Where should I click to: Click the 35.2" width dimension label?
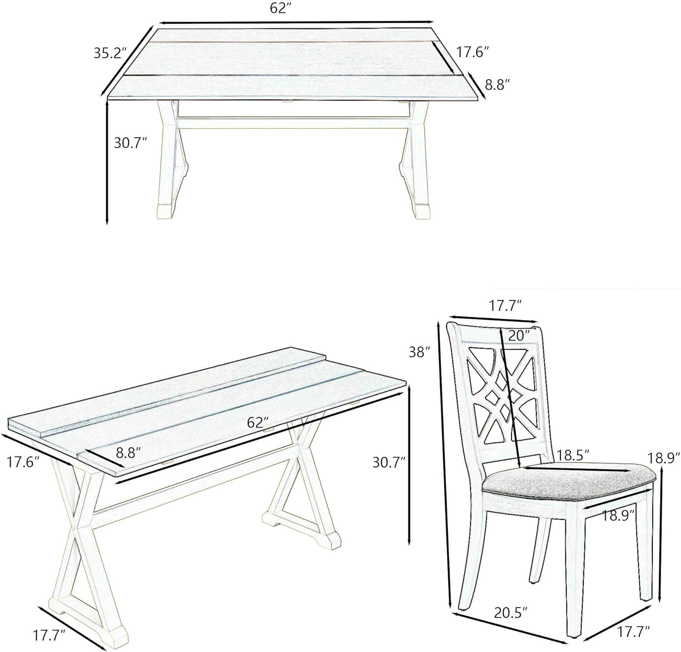109,53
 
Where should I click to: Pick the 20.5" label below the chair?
511,613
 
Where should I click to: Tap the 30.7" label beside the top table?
130,143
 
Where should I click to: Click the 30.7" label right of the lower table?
389,462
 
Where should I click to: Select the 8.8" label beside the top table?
498,85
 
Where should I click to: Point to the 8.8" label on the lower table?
128,452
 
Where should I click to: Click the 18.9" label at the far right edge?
663,457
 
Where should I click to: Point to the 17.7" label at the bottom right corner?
633,631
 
